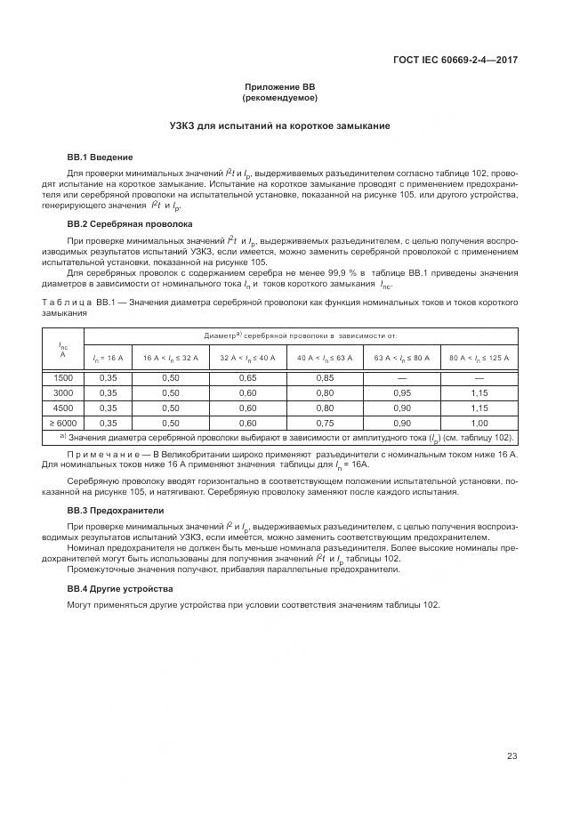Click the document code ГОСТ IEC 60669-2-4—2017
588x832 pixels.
pos(455,60)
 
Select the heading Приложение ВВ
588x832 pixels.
pos(280,86)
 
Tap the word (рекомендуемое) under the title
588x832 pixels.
pos(280,97)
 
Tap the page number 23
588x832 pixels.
pos(511,756)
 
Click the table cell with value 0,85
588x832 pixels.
pos(325,378)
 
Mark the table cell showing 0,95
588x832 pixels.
pos(402,393)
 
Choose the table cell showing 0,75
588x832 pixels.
pos(325,423)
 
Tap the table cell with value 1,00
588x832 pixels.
pos(479,423)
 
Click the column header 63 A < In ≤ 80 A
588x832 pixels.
pos(402,357)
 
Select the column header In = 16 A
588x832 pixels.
pos(109,357)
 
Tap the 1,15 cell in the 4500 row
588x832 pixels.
pos(479,408)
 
